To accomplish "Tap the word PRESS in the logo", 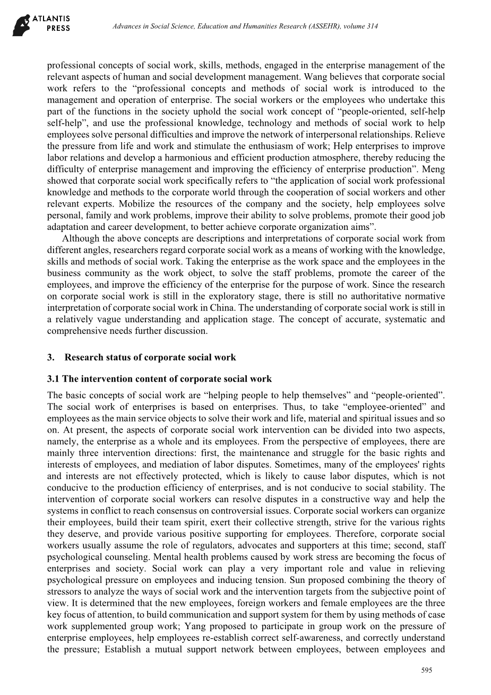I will coord(58,29).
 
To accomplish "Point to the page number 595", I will coord(427,671).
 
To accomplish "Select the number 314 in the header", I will coord(372,26).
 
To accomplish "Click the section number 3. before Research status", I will coord(51,357).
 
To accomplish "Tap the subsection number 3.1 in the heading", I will coord(54,379).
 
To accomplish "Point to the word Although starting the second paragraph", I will coord(79,238).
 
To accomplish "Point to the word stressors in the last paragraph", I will coord(64,591).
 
